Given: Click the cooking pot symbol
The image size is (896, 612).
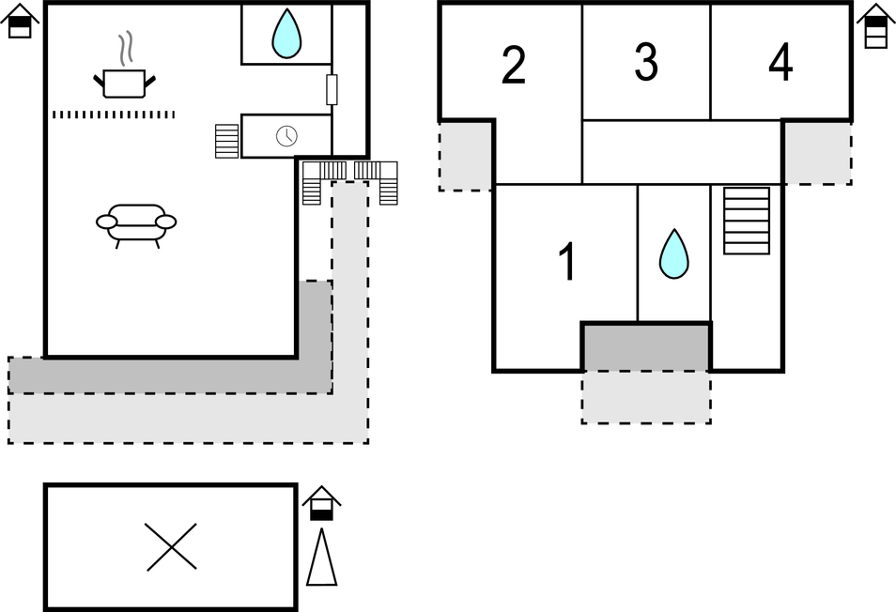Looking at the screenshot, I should click(x=125, y=81).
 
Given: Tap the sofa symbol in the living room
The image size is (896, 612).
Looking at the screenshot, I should click(x=136, y=222).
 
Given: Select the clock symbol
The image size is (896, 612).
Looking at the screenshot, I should click(x=286, y=136).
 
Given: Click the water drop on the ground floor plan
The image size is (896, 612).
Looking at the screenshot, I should click(x=286, y=35).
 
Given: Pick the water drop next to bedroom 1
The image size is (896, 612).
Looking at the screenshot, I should click(x=673, y=253).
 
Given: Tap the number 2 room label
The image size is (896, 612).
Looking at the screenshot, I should click(x=513, y=65).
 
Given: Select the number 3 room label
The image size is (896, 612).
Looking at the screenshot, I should click(x=646, y=62).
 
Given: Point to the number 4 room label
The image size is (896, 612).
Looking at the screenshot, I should click(x=780, y=63).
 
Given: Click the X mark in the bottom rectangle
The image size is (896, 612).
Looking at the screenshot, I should click(x=172, y=546).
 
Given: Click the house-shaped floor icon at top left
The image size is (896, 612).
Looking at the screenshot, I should click(x=20, y=22).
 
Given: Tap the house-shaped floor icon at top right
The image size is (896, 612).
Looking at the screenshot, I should click(x=875, y=25).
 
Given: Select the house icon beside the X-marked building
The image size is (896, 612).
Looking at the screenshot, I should click(x=321, y=504).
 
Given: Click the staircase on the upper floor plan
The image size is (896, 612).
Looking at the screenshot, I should click(x=747, y=221).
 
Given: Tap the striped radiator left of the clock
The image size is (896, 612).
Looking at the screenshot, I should click(x=227, y=141).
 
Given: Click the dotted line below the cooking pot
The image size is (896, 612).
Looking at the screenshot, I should click(x=114, y=115).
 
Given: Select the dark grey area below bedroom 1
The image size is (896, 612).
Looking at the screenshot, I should click(x=646, y=347).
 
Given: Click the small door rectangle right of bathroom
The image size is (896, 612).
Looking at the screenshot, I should click(x=332, y=89).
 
